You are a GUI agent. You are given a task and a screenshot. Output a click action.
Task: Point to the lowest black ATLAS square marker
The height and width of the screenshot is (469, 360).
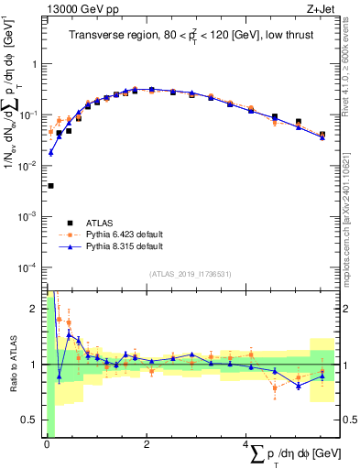coord(50,186)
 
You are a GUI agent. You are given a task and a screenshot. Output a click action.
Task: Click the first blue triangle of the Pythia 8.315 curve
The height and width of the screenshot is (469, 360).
coord(50,152)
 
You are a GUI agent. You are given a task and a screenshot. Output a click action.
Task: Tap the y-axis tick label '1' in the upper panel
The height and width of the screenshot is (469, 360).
coord(35,65)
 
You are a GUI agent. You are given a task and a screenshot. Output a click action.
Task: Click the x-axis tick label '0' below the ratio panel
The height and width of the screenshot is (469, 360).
coord(47,444)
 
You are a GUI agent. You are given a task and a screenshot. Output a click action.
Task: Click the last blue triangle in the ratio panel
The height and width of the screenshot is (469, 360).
coord(322,376)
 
